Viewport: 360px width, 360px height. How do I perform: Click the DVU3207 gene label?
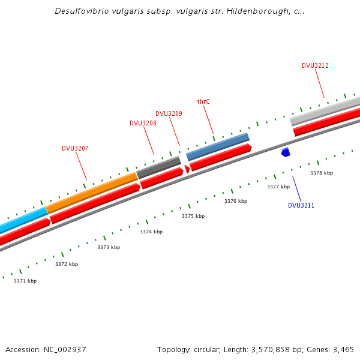75,148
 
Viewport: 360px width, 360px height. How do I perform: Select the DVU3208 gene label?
143,123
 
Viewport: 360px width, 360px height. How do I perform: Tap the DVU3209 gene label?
169,113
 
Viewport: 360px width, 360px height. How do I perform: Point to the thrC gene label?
203,101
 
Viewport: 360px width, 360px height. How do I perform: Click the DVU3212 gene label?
315,65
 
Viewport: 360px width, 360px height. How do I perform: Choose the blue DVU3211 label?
301,205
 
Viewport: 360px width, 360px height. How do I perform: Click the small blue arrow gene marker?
286,152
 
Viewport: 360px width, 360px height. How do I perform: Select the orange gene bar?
92,193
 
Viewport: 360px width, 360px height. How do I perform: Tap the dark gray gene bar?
159,168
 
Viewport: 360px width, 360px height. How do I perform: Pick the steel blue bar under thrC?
218,146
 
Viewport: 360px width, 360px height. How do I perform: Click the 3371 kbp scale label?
25,281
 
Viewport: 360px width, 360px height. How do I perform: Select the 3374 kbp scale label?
151,232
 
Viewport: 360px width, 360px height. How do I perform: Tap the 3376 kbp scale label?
236,201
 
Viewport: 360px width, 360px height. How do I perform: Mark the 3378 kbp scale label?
321,173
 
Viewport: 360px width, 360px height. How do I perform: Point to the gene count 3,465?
341,349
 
